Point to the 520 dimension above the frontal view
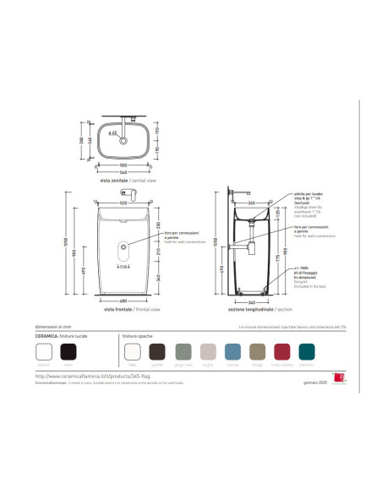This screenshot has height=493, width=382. (123, 203)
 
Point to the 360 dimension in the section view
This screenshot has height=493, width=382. (251, 203)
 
